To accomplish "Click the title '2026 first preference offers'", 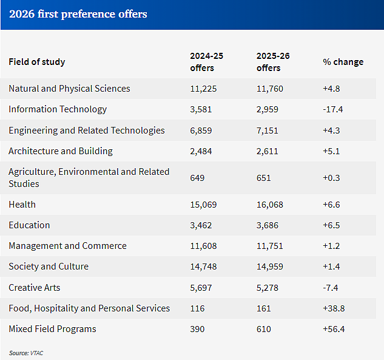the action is click(x=78, y=14).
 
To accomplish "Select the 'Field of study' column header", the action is click(x=37, y=62).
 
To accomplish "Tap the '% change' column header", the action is click(x=343, y=62).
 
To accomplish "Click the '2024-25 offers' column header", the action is click(x=206, y=62).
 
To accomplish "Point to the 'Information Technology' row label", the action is click(x=58, y=109).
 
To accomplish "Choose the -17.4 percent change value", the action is click(x=333, y=109).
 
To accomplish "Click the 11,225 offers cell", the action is click(x=203, y=89).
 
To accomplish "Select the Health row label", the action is click(x=22, y=205).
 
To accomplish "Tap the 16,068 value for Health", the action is click(x=269, y=205).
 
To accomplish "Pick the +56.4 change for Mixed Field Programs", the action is click(x=334, y=329).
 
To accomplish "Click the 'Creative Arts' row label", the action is click(x=35, y=288).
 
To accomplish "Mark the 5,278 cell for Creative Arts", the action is click(x=267, y=288).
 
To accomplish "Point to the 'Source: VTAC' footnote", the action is click(x=26, y=353).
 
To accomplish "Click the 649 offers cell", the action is click(x=197, y=178).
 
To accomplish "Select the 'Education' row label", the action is click(x=29, y=225).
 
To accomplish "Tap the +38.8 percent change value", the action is click(x=334, y=308).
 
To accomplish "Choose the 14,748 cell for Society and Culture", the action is click(x=203, y=267).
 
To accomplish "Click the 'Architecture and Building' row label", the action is click(x=61, y=151).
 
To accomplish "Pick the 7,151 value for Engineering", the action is click(x=267, y=131).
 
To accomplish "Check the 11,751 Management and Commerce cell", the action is click(x=269, y=246).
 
